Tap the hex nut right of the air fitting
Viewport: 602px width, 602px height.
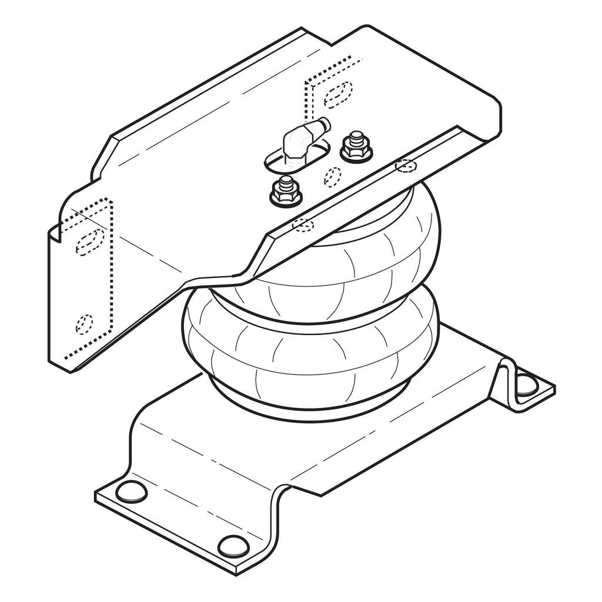(x=356, y=147)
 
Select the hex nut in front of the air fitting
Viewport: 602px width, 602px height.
(x=285, y=191)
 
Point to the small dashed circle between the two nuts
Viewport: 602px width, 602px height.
(x=332, y=175)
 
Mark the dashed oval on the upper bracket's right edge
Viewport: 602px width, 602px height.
(x=406, y=166)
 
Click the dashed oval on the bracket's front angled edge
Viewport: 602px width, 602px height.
(x=303, y=224)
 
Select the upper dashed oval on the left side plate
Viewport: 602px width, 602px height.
(x=89, y=241)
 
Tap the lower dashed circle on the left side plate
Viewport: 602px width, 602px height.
(x=84, y=323)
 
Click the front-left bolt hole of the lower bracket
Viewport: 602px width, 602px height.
(x=131, y=491)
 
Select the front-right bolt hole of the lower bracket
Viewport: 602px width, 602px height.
(x=233, y=546)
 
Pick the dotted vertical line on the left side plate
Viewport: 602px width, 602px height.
(x=111, y=276)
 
